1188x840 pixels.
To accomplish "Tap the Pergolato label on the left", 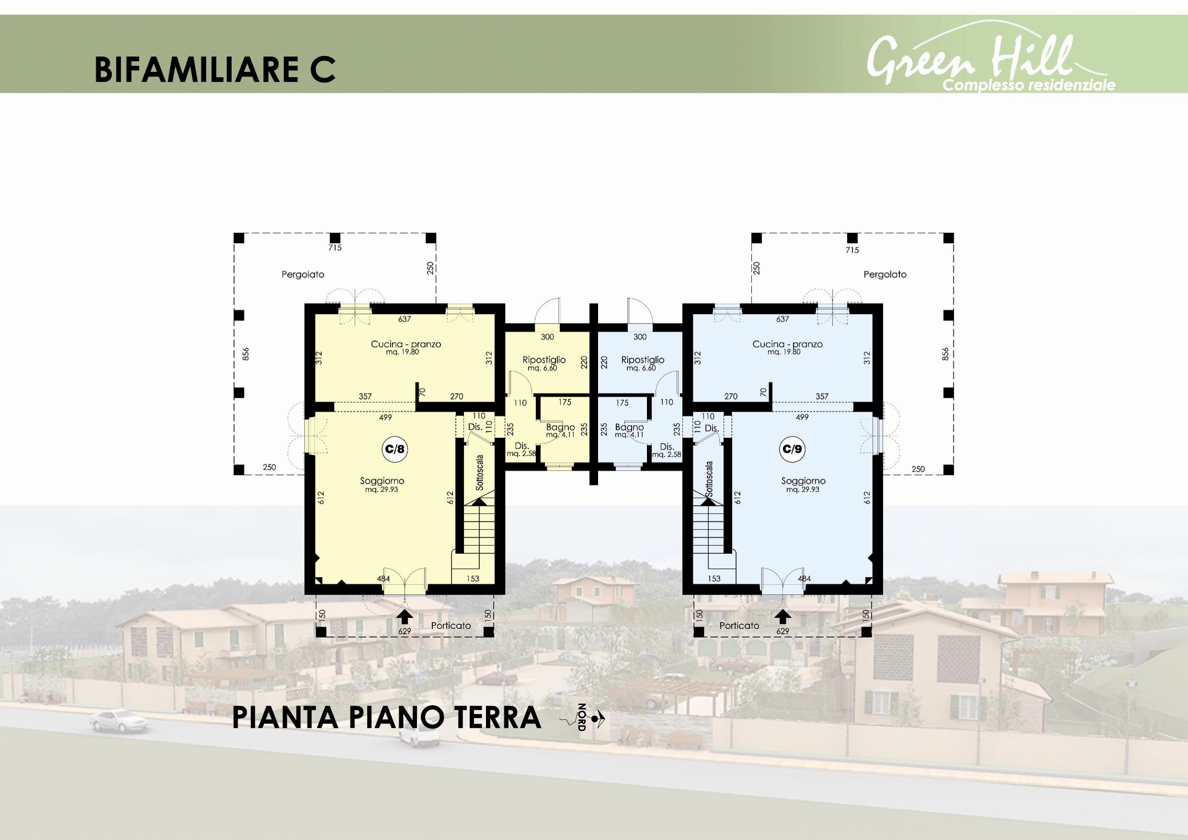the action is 303,275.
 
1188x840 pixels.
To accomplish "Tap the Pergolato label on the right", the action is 885,275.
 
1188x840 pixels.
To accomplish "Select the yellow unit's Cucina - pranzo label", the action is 406,344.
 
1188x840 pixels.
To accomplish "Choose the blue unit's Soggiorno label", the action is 803,481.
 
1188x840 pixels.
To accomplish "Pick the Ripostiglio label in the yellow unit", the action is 544,360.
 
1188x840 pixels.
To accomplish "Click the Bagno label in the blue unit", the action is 629,427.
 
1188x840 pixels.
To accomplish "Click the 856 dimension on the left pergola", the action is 246,354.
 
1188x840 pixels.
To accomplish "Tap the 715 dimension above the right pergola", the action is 852,250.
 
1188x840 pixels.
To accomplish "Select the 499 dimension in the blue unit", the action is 802,417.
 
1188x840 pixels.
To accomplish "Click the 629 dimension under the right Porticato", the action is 783,631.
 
